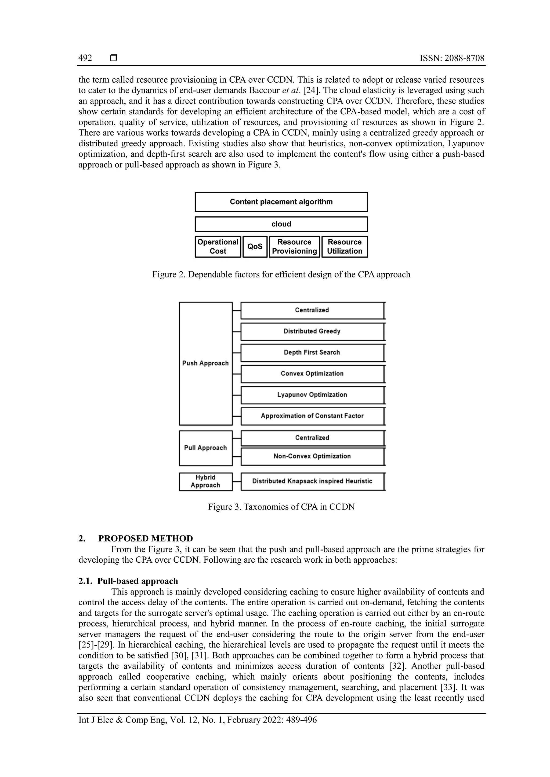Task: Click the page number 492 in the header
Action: point(85,58)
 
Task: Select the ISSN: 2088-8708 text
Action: point(452,58)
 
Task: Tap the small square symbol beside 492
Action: point(114,58)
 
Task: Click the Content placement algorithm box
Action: point(281,202)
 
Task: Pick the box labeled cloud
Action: point(281,224)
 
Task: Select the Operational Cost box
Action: point(218,247)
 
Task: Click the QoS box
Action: point(255,247)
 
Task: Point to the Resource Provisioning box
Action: point(294,247)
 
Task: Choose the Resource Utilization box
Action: point(345,247)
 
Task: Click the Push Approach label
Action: point(205,363)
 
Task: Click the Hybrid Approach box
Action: point(205,481)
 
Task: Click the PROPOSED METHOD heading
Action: point(146,538)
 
